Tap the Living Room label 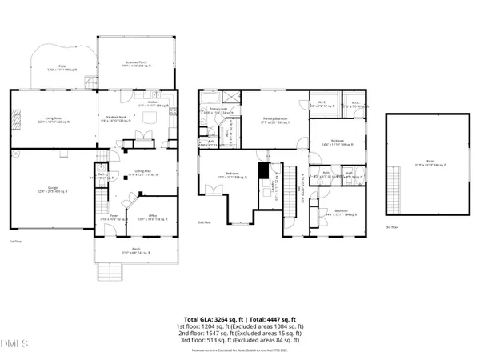(x=50, y=121)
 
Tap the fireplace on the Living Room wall (x=12, y=120)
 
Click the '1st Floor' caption (x=14, y=241)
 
